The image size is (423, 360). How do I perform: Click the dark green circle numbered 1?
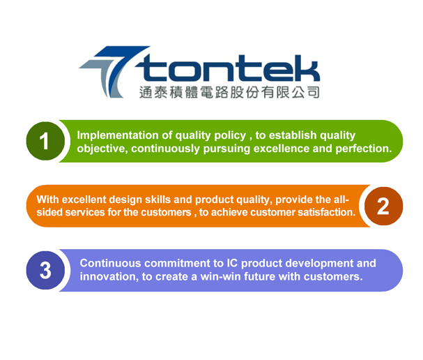click(45, 141)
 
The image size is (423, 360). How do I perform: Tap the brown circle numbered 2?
click(383, 206)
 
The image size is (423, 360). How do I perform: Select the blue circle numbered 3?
click(45, 270)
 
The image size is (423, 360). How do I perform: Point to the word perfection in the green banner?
click(364, 149)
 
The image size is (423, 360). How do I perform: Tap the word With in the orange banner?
click(47, 200)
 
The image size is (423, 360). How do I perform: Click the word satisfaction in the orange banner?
click(326, 212)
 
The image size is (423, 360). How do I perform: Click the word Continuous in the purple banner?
click(110, 263)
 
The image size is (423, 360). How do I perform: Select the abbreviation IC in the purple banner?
click(232, 263)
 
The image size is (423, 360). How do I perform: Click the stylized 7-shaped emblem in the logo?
click(114, 72)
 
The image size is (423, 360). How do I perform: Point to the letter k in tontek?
click(306, 68)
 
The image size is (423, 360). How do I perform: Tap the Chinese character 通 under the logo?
click(146, 92)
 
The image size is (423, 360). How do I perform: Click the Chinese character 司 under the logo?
click(313, 92)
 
